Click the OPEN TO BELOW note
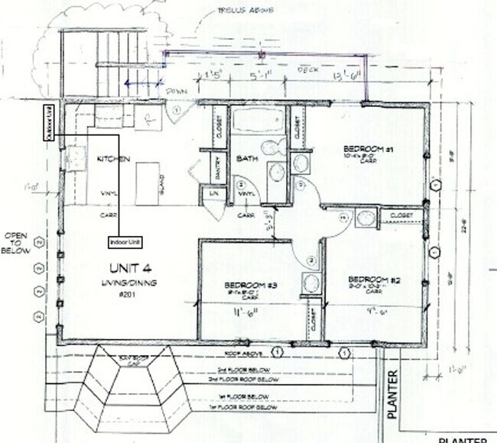17,243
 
